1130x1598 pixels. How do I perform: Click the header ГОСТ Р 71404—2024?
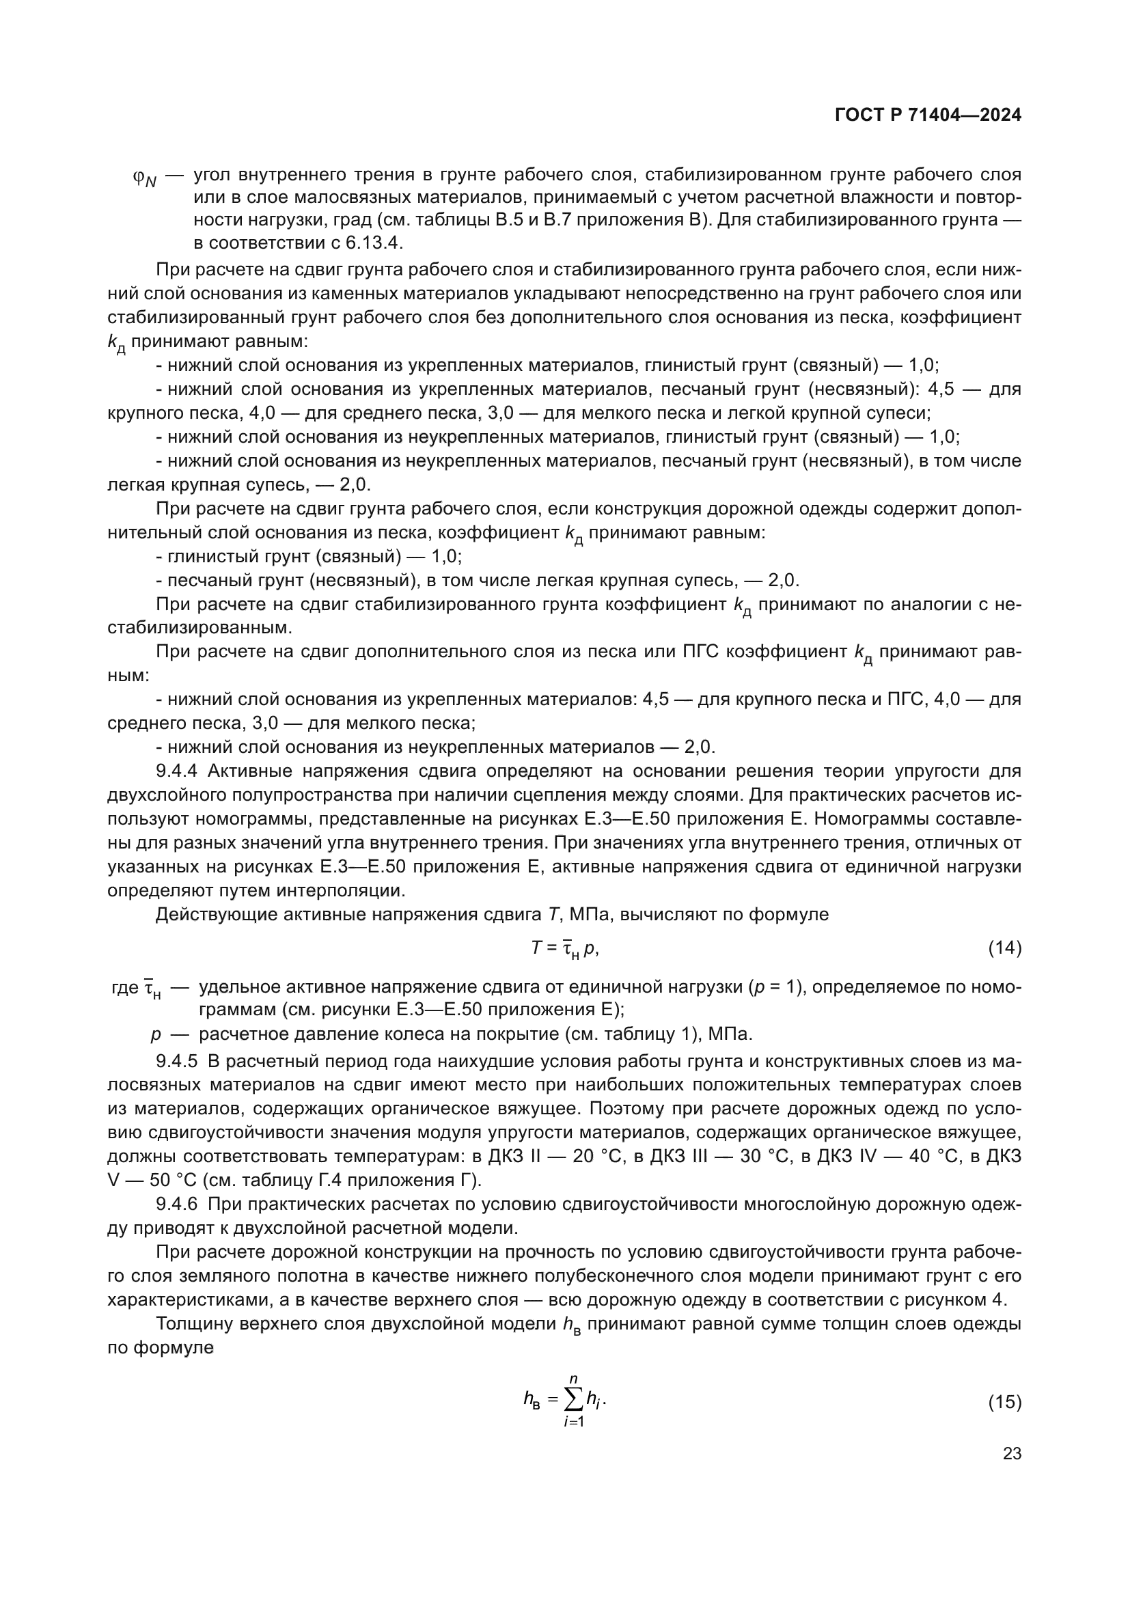tap(928, 115)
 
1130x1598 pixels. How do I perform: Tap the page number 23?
tap(1012, 1453)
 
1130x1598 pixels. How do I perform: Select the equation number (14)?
tap(1005, 948)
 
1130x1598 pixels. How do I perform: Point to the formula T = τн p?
tap(564, 948)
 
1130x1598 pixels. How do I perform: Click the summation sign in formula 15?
tap(574, 1400)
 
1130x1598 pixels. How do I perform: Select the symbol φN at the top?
tap(145, 178)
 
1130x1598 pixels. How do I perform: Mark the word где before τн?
tap(124, 988)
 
